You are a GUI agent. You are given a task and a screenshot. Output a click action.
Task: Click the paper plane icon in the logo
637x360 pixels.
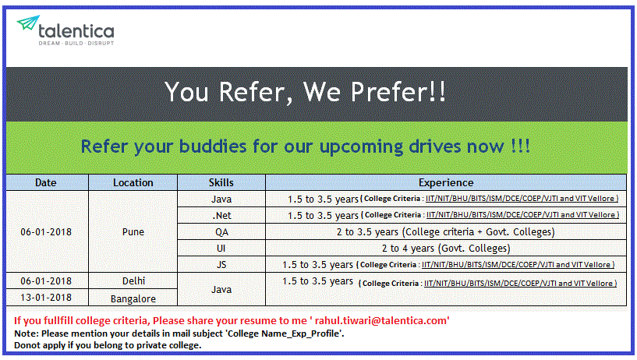[x=28, y=23]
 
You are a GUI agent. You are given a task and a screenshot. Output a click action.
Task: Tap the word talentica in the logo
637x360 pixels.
[x=76, y=31]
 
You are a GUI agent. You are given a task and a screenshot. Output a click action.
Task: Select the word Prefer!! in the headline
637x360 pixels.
[x=398, y=92]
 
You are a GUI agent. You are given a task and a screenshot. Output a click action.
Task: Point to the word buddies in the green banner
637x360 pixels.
[x=213, y=146]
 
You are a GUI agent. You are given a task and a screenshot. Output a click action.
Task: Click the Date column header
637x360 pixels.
[x=45, y=182]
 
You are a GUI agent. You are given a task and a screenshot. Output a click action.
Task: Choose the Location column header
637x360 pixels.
[x=133, y=182]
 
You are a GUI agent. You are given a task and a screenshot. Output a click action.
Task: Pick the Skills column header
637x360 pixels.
[x=221, y=182]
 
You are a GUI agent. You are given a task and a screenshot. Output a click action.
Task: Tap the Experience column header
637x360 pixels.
[x=446, y=182]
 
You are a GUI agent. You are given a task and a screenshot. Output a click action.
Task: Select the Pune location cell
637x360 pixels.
[x=133, y=231]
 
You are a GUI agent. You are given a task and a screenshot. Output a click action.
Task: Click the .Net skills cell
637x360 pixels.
[x=221, y=216]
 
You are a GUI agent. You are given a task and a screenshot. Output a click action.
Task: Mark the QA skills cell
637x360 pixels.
[x=221, y=232]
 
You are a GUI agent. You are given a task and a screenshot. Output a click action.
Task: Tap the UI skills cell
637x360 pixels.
[x=221, y=248]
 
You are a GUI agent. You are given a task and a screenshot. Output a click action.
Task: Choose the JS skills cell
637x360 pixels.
[x=221, y=265]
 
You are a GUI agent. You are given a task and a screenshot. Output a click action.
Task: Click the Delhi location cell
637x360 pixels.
[x=133, y=281]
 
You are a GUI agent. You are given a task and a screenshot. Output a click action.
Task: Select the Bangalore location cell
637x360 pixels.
[x=133, y=298]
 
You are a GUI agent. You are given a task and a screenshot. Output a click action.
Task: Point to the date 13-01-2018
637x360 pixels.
[x=46, y=298]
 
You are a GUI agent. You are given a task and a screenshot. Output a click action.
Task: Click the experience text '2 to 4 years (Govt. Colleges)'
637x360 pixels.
[x=446, y=248]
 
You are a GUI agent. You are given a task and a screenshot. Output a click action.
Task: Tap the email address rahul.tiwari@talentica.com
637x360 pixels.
[x=380, y=320]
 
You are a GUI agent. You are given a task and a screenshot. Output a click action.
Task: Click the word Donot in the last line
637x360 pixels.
[x=27, y=345]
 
